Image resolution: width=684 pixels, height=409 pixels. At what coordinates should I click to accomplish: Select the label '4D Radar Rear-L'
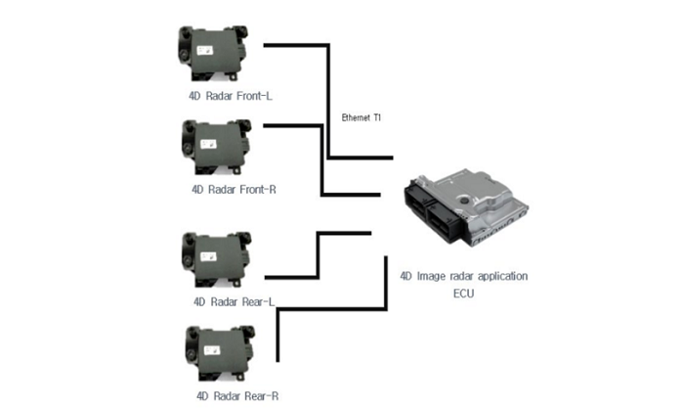coord(234,301)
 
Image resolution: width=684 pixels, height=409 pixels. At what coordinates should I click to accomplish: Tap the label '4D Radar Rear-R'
coord(238,395)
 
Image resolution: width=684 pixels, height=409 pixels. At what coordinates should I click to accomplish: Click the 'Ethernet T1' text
coord(362,118)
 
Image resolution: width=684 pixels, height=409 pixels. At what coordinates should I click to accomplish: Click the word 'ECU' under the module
coord(464,293)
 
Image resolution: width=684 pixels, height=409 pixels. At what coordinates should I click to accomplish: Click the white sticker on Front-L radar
coord(209,46)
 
